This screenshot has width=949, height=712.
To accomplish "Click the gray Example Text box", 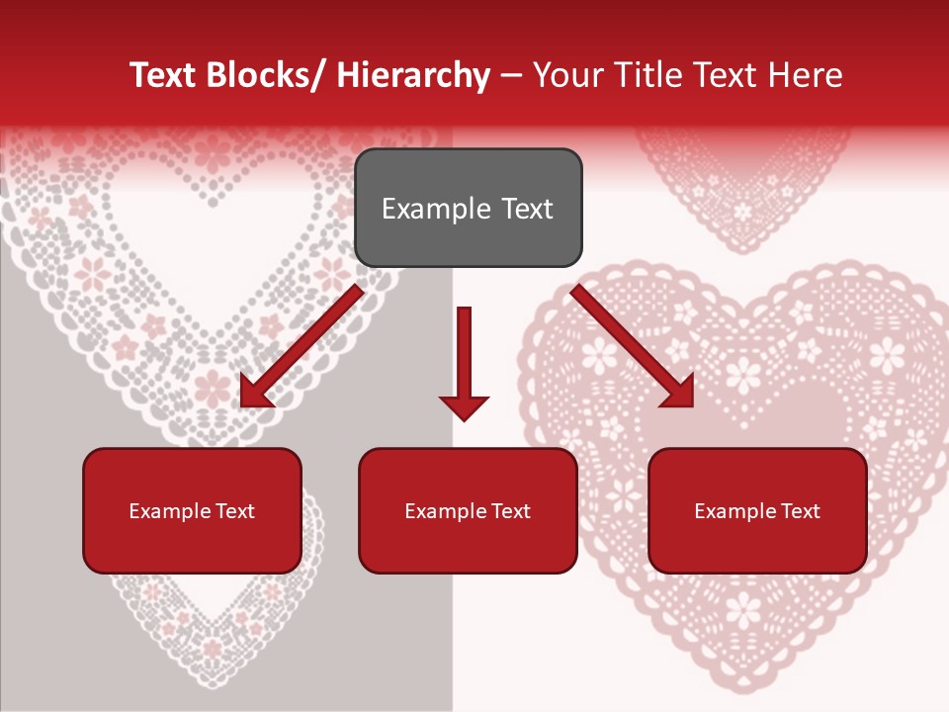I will (x=468, y=208).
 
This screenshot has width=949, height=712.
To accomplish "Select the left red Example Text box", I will (x=192, y=510).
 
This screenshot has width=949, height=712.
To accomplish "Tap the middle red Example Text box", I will (x=468, y=510).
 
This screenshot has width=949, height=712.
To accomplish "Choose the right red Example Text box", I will (x=757, y=510).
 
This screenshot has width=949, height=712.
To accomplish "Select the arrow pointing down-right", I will (x=633, y=346).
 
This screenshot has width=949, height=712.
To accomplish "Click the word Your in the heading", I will (x=566, y=75).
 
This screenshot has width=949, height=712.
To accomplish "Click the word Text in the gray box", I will (x=526, y=209).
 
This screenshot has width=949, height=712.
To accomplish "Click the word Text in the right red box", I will (x=799, y=511).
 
